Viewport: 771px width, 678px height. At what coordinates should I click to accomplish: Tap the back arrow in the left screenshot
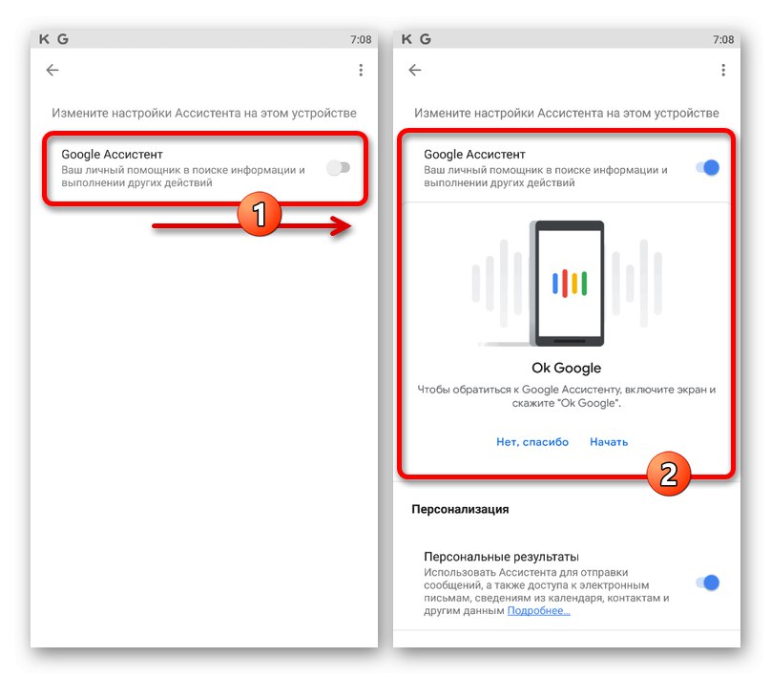[x=52, y=71]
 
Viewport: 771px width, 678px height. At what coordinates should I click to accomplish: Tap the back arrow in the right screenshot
[x=414, y=71]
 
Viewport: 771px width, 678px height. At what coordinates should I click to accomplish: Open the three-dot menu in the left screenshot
[x=361, y=71]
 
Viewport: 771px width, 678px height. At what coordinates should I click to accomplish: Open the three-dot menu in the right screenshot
[x=723, y=71]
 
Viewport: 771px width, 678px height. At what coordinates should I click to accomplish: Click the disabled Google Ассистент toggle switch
[x=339, y=168]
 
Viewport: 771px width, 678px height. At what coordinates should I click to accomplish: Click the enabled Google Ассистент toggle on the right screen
[x=708, y=168]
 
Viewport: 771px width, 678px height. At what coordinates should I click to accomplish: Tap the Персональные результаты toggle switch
[x=708, y=583]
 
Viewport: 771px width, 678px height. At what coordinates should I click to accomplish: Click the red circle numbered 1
[x=260, y=214]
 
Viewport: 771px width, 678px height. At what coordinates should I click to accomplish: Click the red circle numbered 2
[x=668, y=474]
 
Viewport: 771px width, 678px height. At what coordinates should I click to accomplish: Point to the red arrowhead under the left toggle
[x=342, y=226]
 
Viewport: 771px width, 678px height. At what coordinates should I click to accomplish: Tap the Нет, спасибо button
[x=532, y=442]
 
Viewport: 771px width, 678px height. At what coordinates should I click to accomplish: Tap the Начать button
[x=609, y=442]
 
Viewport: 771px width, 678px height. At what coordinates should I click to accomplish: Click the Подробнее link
[x=538, y=610]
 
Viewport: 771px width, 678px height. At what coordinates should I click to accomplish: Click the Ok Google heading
[x=567, y=368]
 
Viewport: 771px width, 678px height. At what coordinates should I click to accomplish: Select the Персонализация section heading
[x=460, y=509]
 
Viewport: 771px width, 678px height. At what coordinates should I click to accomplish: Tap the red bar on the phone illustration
[x=565, y=284]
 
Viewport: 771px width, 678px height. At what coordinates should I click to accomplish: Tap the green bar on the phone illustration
[x=584, y=284]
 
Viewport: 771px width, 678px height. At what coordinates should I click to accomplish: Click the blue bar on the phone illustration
[x=555, y=284]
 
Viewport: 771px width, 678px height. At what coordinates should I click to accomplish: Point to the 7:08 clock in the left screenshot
[x=361, y=39]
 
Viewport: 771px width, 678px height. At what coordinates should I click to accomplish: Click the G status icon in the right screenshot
[x=426, y=39]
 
